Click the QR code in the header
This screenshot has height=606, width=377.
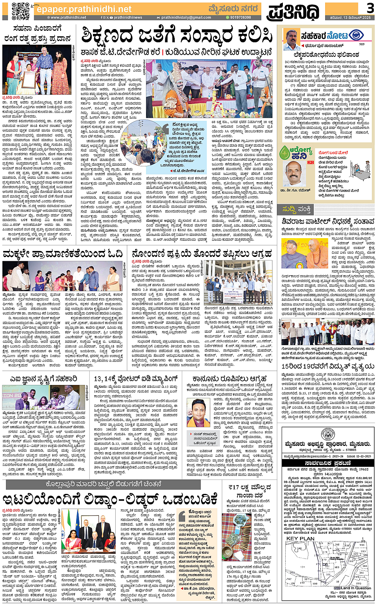click(20, 11)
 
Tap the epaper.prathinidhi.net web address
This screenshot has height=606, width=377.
click(84, 9)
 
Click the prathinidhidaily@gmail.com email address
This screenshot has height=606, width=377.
click(186, 18)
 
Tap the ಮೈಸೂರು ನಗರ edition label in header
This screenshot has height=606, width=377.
click(233, 9)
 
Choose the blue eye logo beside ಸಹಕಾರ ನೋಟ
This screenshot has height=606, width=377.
click(356, 35)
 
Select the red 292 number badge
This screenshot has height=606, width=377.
click(310, 162)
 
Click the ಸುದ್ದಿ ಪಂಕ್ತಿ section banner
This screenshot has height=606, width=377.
click(297, 209)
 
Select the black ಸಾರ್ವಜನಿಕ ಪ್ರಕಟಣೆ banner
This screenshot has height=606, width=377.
click(328, 463)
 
